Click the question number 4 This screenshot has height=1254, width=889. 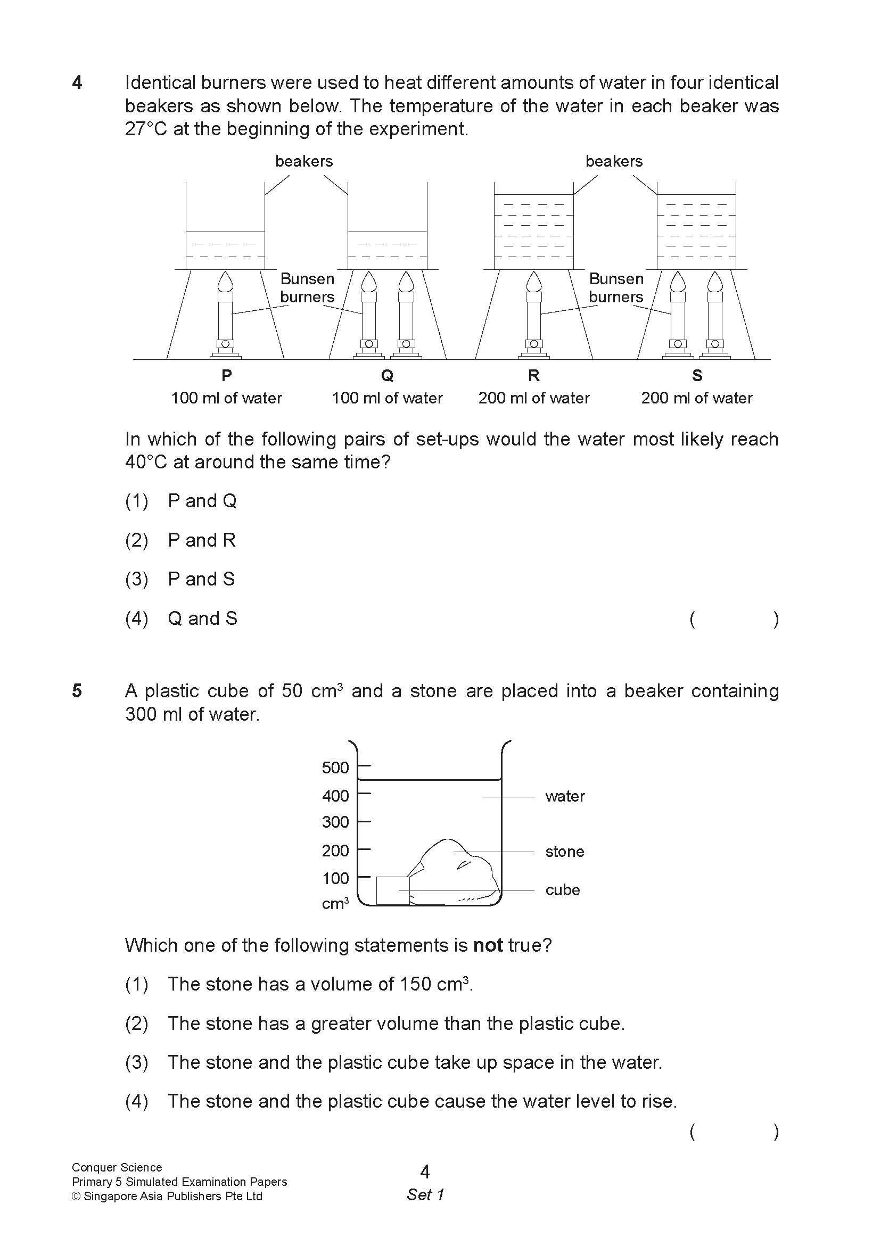point(77,82)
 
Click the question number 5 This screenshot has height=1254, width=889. point(77,691)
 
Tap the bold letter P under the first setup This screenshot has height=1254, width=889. point(226,375)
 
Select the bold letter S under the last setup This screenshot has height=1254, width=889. point(696,375)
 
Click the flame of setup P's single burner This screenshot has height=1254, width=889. point(226,282)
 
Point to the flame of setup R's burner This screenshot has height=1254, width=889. point(534,282)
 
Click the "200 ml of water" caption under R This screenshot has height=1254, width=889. point(534,398)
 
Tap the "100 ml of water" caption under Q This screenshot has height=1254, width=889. point(387,398)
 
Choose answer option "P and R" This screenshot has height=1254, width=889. point(201,540)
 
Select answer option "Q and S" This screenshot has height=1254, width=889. point(202,618)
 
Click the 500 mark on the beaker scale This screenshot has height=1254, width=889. point(335,768)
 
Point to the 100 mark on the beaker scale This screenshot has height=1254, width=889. point(335,879)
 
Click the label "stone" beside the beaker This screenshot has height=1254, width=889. point(564,852)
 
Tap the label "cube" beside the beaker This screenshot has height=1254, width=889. point(562,890)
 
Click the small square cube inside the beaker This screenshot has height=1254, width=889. point(392,890)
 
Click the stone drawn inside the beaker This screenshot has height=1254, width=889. point(455,870)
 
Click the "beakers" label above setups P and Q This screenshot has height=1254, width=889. point(304,161)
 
